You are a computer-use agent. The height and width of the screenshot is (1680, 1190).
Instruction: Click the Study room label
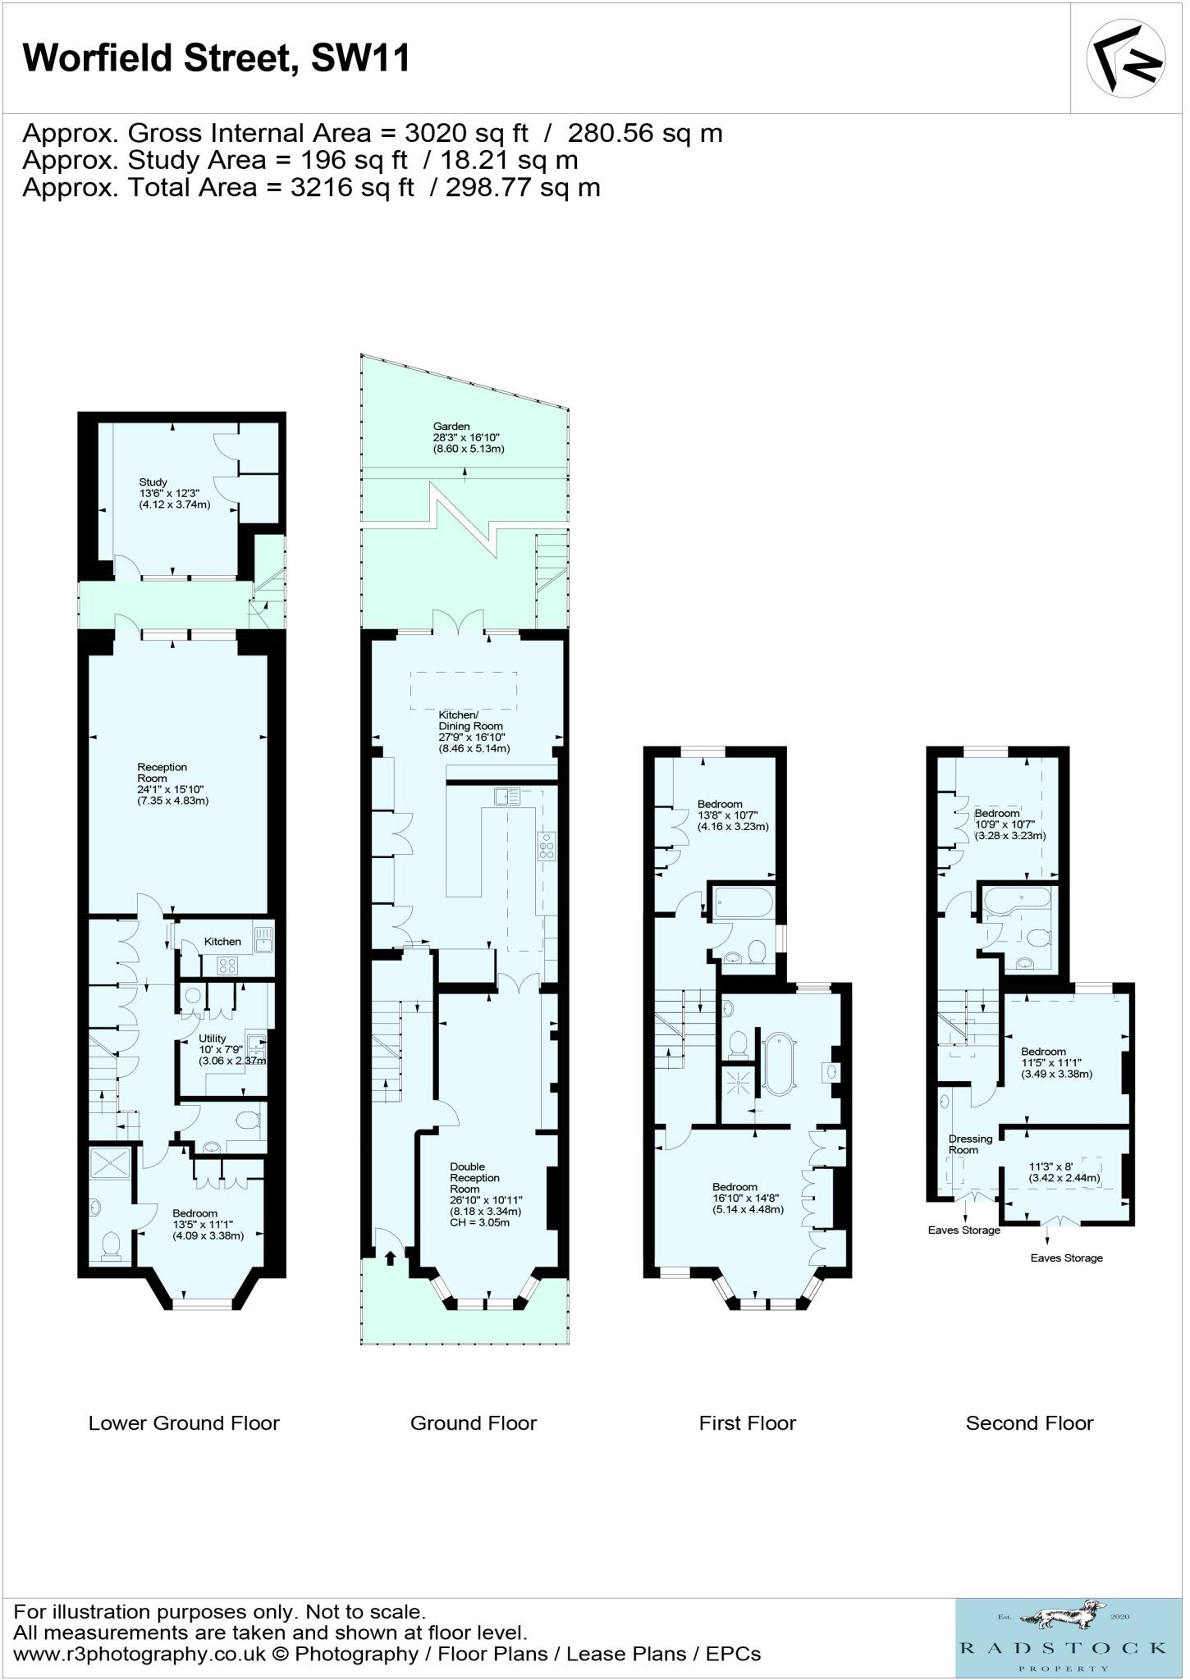coord(153,482)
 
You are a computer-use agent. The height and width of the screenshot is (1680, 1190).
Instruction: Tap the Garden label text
coord(451,427)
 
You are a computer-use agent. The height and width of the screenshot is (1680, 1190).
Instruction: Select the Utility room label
coord(213,1039)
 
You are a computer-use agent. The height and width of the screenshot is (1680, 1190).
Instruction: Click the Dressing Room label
coord(970,1144)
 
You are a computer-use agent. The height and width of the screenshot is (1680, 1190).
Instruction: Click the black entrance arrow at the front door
coord(391,1256)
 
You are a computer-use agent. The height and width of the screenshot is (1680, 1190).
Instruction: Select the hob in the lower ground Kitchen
coord(227,966)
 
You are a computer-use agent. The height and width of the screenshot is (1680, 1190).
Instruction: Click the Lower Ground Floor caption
coord(184,1423)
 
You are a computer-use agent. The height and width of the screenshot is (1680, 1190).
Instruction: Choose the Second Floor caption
coord(1029,1423)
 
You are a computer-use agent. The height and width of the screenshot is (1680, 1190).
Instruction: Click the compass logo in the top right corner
coord(1126,57)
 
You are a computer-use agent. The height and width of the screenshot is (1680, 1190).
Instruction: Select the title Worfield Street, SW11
coord(217,58)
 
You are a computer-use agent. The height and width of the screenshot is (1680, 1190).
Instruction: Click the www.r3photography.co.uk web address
coord(140,1654)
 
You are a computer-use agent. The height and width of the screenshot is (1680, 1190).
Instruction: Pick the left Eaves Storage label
coord(963,1230)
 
